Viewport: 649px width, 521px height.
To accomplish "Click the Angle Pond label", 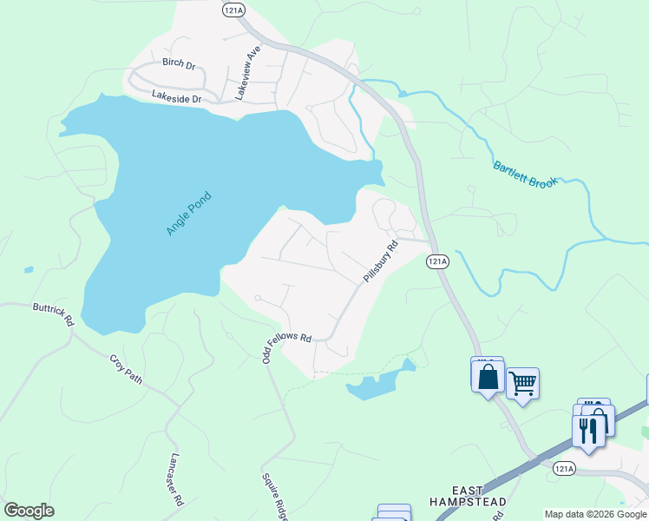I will point(189,214).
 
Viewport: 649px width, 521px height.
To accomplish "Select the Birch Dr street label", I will point(180,63).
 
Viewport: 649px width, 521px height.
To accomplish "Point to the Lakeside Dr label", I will point(176,98).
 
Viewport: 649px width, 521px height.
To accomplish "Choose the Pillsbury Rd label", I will point(380,260).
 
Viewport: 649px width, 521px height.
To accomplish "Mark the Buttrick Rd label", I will point(54,313).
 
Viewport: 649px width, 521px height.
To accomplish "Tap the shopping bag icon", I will point(488,377).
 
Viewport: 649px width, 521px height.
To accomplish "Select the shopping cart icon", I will point(522,382).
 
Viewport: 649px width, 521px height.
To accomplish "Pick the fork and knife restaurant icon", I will point(588,430).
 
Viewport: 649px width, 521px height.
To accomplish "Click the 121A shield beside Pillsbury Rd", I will point(437,261).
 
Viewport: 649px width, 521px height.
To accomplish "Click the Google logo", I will point(29,511).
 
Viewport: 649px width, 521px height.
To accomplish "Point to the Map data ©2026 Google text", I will point(595,514).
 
